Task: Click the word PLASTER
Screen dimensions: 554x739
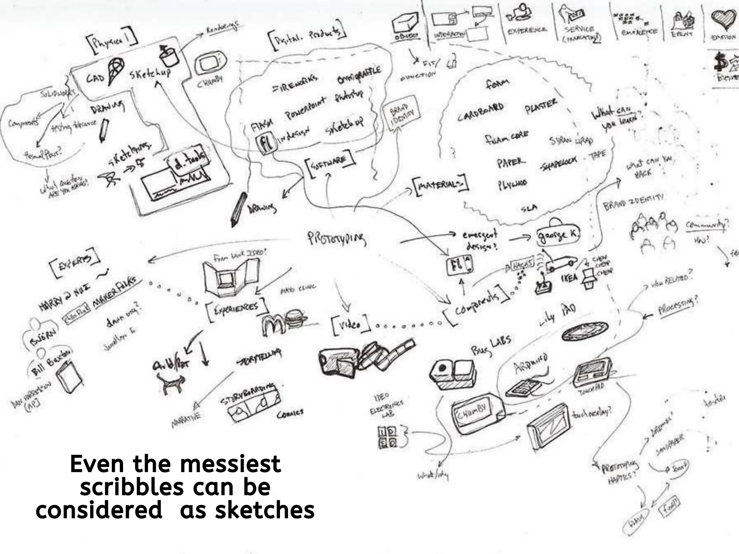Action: click(x=541, y=106)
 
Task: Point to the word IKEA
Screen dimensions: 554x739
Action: click(x=569, y=278)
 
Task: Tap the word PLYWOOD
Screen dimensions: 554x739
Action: click(x=512, y=184)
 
